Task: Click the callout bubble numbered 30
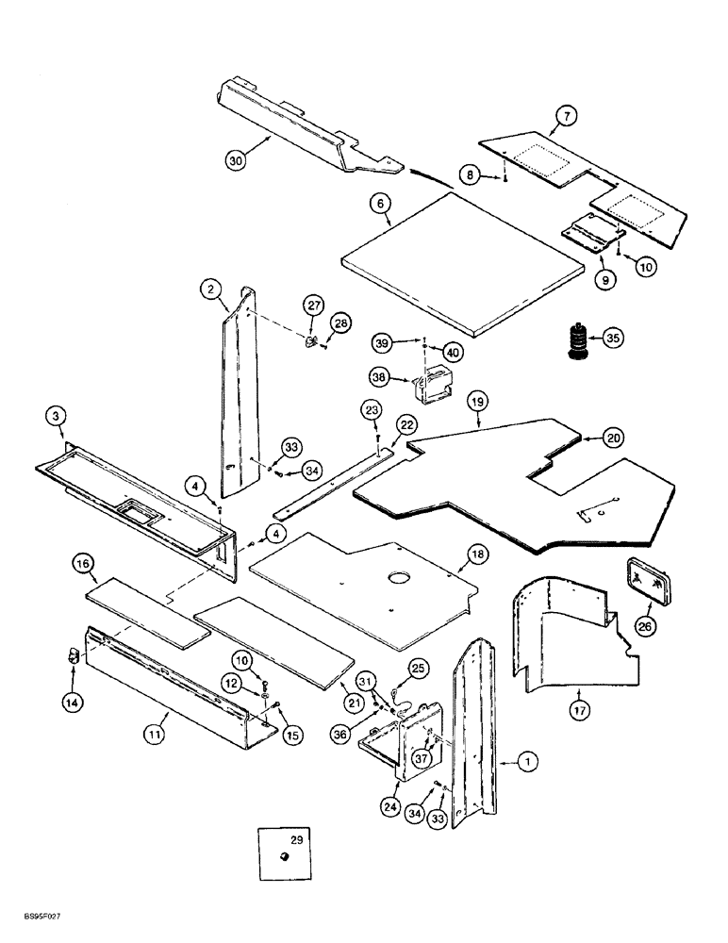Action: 237,160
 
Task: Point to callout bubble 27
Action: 313,305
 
